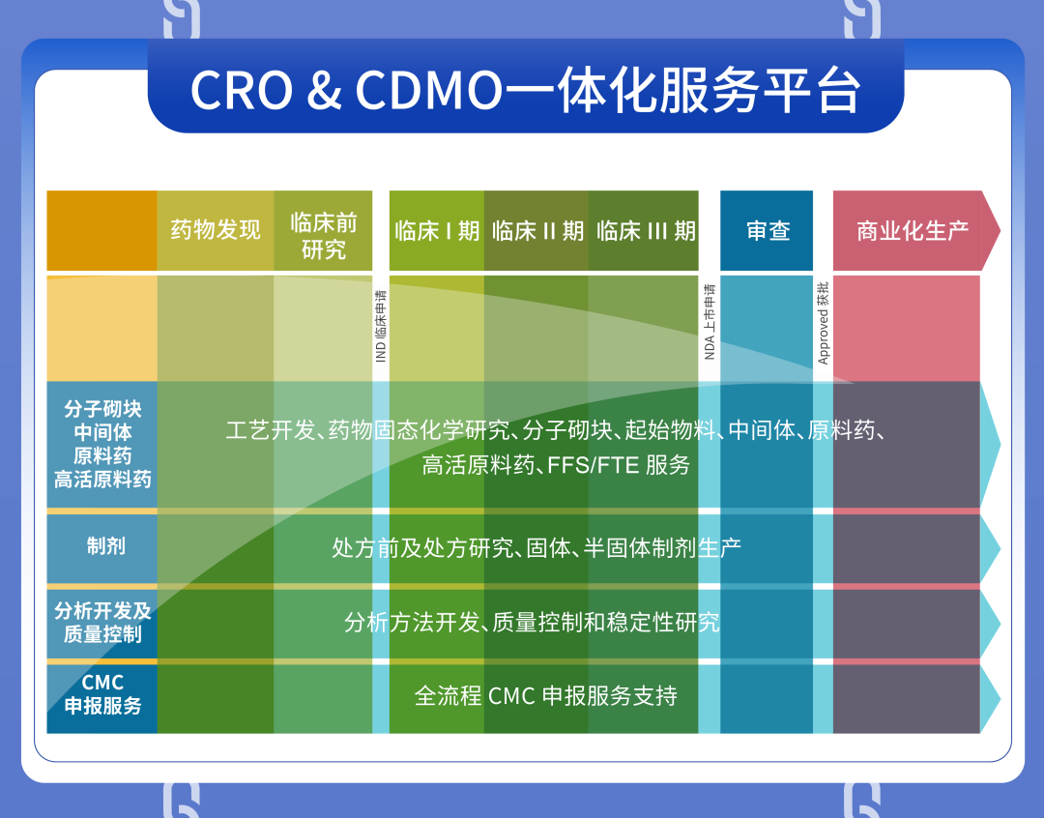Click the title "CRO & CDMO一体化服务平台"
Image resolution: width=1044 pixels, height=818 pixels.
pos(525,90)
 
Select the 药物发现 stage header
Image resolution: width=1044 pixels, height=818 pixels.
pos(216,230)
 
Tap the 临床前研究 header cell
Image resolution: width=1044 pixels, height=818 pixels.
pos(323,230)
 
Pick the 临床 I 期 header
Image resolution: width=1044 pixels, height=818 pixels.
pos(437,230)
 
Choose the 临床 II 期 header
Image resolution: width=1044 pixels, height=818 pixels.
pos(536,230)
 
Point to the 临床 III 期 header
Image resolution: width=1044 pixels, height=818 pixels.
pos(643,230)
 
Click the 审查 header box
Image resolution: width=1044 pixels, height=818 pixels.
pos(767,230)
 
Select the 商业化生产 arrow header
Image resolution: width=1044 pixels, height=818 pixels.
pos(916,230)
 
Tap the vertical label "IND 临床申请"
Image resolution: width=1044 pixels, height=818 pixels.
pos(381,326)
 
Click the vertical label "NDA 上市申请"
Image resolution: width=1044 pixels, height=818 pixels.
pos(710,322)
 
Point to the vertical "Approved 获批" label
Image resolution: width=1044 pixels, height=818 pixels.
pos(824,323)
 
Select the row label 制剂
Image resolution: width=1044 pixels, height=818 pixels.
pos(106,546)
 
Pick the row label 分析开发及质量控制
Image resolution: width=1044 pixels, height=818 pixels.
pos(102,622)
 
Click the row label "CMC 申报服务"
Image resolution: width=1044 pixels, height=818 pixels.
pos(102,694)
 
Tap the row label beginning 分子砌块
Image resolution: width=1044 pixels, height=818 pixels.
pos(102,444)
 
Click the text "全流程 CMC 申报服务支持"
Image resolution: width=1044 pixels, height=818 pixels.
pos(545,696)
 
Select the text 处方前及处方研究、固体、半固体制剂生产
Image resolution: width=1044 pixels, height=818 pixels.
pos(536,547)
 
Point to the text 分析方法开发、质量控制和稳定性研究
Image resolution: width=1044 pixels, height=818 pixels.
pos(532,622)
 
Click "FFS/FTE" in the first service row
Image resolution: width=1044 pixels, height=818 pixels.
pos(588,465)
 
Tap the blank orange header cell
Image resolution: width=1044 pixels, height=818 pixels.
pos(101,230)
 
